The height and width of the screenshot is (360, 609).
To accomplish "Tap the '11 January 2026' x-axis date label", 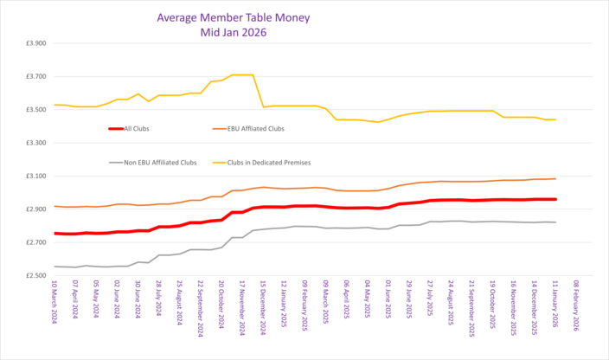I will coord(555,307).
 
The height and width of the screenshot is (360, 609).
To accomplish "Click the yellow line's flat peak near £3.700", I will coord(241,75).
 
